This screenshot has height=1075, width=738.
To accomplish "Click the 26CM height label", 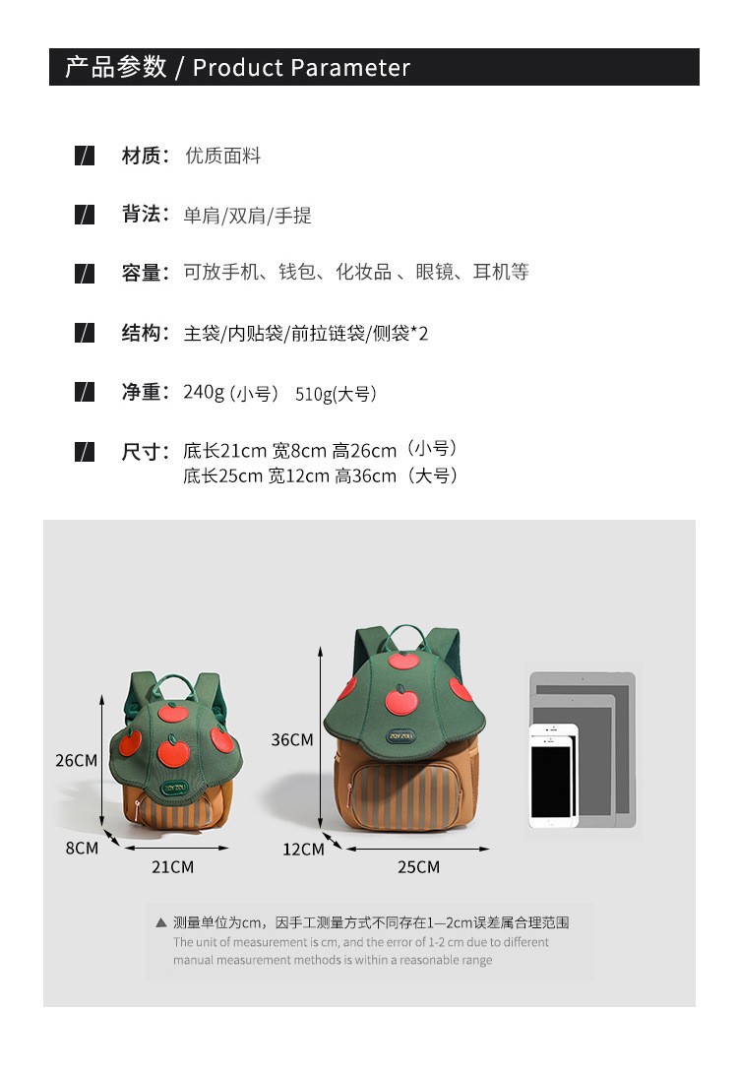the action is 76,760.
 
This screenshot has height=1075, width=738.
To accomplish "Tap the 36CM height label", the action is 292,739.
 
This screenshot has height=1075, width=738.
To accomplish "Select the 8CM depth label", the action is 82,848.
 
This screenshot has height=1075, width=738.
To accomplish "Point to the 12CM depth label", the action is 303,850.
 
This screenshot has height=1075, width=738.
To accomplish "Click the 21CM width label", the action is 172,867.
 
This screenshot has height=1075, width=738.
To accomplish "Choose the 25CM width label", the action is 418,867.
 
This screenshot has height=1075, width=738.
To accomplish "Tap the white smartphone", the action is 553,776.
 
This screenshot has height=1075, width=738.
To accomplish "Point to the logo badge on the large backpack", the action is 400,736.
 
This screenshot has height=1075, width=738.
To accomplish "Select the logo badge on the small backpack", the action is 173,788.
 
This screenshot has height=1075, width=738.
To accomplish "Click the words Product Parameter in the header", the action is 301,68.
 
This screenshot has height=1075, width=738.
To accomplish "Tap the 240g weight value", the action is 204,392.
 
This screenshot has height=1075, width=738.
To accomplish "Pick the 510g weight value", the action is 314,394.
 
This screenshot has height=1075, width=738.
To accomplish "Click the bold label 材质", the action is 141,156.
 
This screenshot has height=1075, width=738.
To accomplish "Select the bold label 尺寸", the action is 141,452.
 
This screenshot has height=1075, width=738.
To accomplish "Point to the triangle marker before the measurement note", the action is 161,922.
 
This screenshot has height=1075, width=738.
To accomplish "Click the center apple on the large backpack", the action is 401,700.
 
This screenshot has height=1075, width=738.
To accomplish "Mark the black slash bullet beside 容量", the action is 85,274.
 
